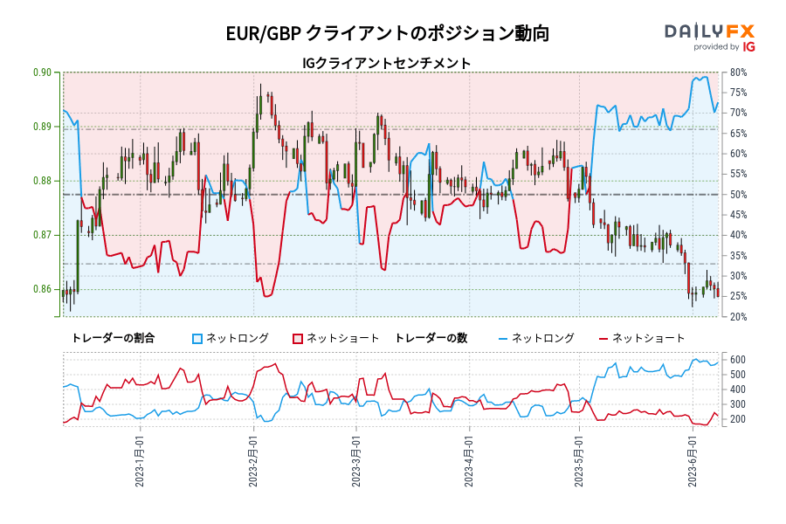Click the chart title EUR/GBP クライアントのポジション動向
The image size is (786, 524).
coord(388,34)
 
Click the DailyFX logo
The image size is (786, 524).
coord(710,37)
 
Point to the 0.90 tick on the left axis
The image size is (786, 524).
coord(42,72)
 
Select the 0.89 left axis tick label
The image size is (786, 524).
coord(42,127)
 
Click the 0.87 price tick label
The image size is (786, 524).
coord(42,236)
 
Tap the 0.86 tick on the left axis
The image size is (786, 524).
coord(42,290)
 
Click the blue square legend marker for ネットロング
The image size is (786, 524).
coord(197,338)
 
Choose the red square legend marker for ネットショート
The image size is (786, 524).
coord(297,338)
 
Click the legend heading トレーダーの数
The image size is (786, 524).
coord(431,338)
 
